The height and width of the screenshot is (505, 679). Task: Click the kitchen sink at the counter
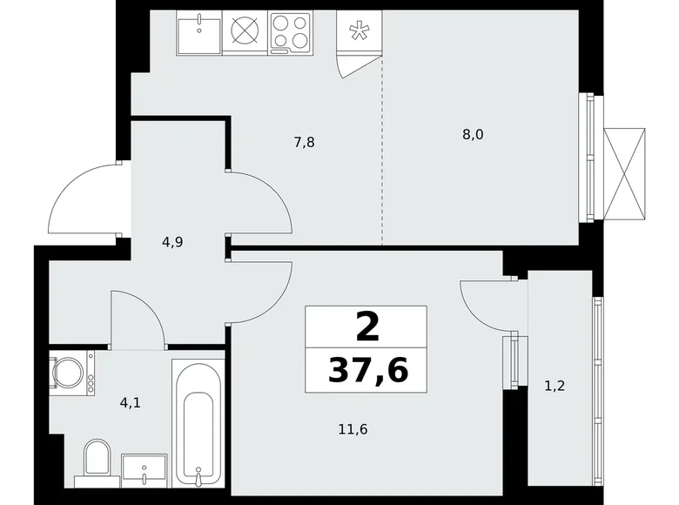pyautogui.click(x=199, y=32)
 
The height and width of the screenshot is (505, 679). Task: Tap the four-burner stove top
pyautogui.click(x=291, y=32)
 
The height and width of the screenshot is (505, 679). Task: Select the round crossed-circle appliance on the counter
pyautogui.click(x=245, y=32)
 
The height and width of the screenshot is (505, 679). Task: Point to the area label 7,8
pyautogui.click(x=303, y=141)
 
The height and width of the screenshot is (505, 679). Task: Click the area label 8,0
pyautogui.click(x=473, y=134)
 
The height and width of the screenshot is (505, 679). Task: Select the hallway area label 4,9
pyautogui.click(x=171, y=242)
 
